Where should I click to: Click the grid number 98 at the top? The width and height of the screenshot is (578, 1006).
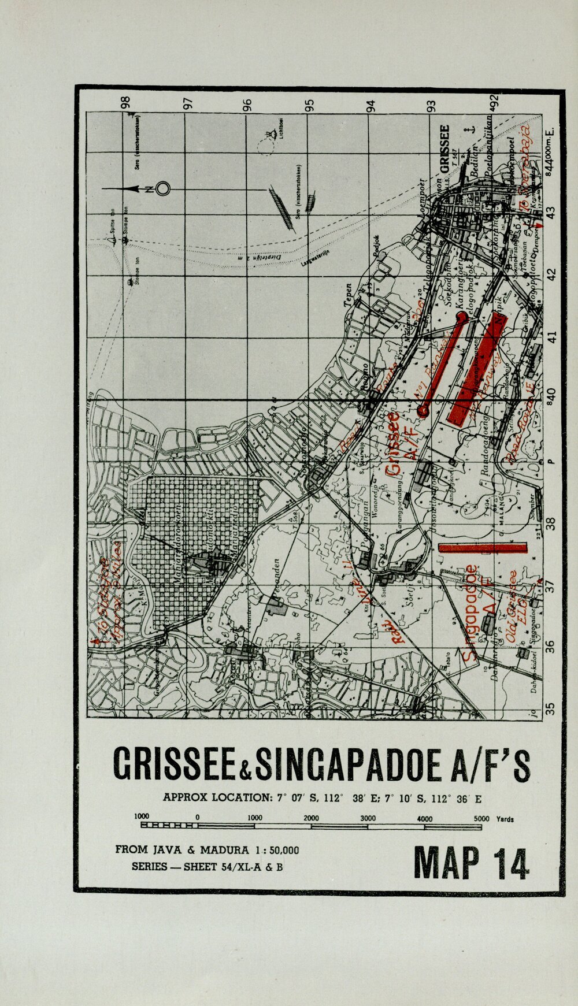(125, 103)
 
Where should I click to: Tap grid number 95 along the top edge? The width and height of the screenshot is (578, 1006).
(310, 106)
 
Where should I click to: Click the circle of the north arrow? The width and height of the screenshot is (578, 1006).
(163, 189)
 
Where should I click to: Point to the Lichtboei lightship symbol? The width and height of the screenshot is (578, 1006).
(268, 136)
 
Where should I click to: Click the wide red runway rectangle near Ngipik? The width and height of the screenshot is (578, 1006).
(477, 371)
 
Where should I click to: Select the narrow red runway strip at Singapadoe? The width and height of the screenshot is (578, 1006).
(483, 547)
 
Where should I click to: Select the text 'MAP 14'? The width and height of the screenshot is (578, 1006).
(470, 863)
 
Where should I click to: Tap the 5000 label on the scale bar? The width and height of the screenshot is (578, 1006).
(481, 818)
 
